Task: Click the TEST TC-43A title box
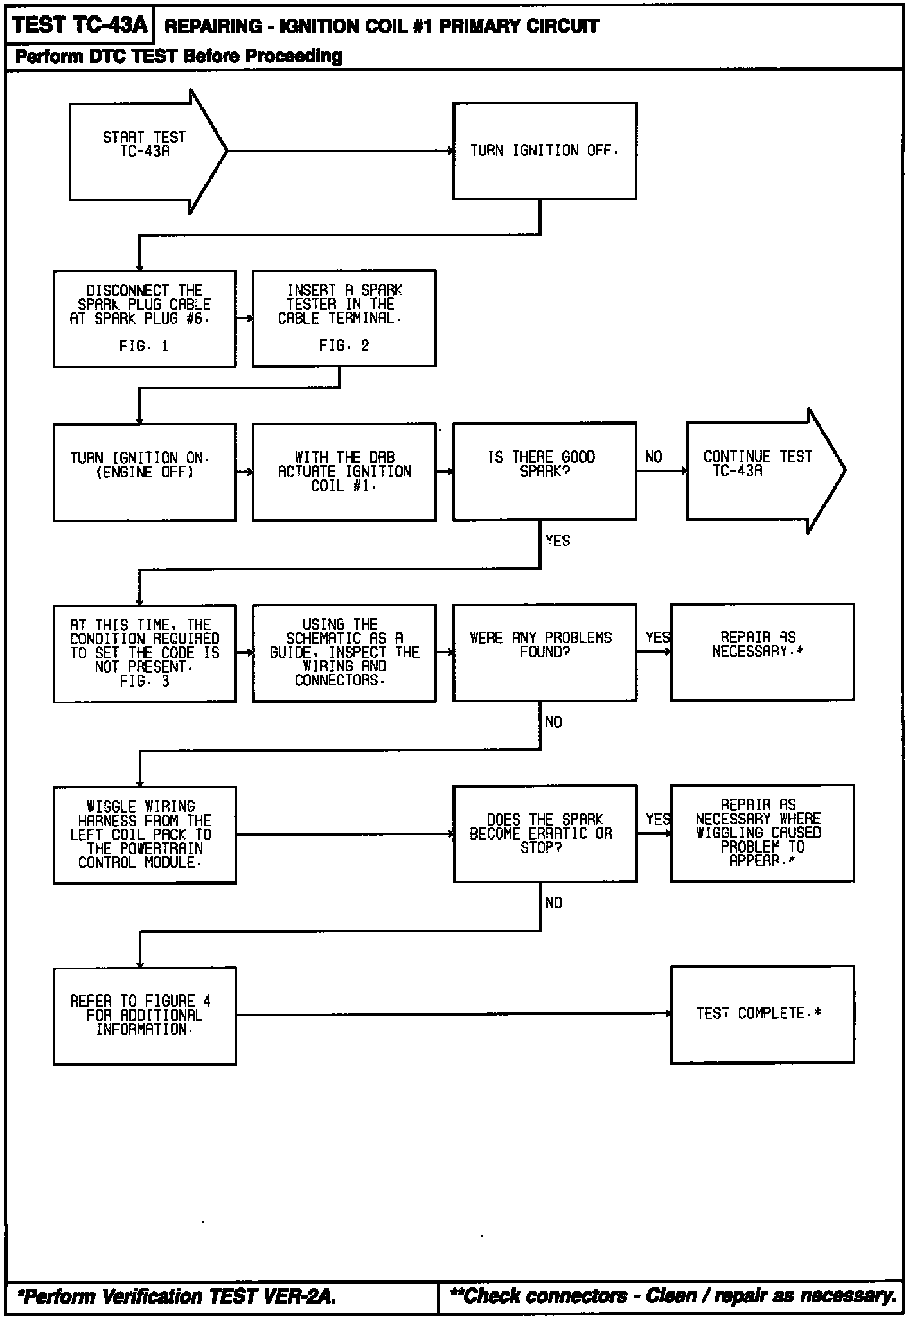click(80, 25)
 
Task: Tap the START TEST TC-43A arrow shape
click(145, 151)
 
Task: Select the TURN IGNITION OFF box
click(544, 151)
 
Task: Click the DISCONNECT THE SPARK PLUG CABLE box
click(145, 319)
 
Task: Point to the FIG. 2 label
click(344, 346)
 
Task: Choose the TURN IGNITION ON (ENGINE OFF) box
click(145, 472)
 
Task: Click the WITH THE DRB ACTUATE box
click(344, 472)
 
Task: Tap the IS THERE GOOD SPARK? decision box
click(544, 472)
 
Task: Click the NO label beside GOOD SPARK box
click(653, 457)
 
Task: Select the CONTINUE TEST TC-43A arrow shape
click(758, 471)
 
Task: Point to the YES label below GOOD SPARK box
click(558, 541)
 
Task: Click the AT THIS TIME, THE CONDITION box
click(145, 653)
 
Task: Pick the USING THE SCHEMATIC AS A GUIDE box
click(344, 653)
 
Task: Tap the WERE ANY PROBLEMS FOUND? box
click(544, 653)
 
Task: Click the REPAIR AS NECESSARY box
click(762, 652)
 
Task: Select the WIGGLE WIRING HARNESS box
click(145, 835)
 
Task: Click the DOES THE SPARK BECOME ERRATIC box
click(545, 834)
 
